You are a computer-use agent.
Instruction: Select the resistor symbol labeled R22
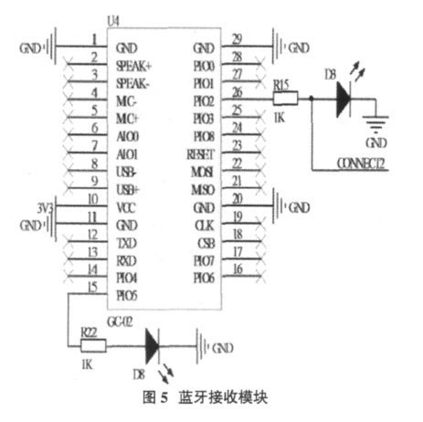(93, 346)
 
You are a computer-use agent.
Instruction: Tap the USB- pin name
(128, 171)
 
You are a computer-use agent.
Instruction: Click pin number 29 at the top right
(236, 39)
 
